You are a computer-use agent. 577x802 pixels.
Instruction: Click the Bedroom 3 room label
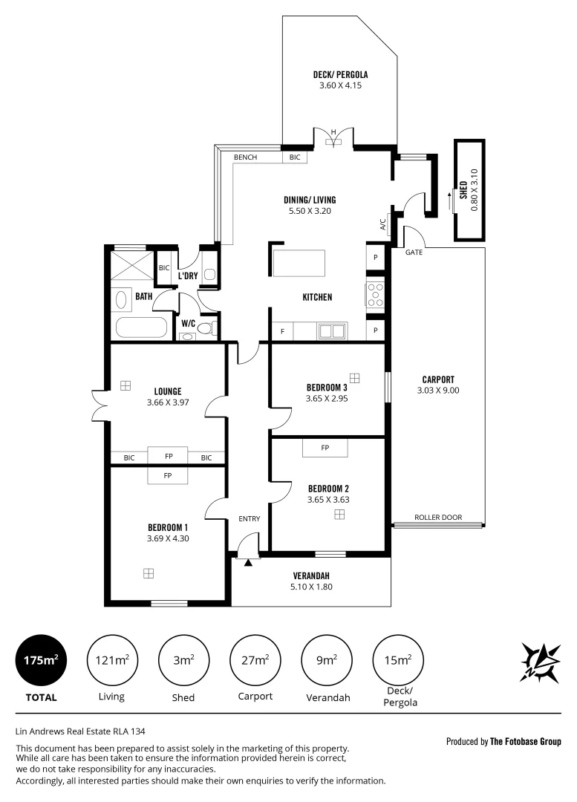coord(327,388)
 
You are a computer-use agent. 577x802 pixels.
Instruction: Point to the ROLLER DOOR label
coord(438,518)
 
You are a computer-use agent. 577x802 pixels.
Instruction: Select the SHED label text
coord(463,190)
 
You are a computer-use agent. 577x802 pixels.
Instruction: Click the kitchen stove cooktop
coord(375,295)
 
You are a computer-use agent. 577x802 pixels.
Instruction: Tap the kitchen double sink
coord(332,331)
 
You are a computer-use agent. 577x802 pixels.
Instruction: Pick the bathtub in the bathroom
coord(141,327)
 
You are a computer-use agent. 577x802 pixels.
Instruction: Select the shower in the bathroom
coord(131,265)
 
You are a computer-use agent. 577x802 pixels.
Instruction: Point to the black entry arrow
coord(248,562)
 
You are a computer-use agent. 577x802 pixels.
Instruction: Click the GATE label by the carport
coord(414,253)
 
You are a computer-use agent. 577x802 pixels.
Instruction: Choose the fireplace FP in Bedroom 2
coord(325,448)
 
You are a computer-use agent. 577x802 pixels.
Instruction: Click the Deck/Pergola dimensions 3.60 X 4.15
coord(340,85)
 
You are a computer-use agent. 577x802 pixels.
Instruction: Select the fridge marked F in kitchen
coord(281,331)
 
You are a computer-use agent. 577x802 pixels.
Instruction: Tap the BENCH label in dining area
coord(245,157)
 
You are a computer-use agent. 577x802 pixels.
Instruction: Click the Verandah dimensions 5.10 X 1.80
coord(311,587)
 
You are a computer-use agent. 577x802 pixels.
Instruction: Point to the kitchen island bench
coord(299,263)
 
